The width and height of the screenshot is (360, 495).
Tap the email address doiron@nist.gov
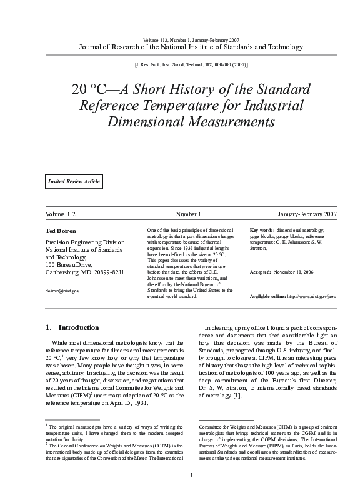click(62, 291)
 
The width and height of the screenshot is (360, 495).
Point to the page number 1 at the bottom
click(191, 476)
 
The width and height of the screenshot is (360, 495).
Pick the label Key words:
click(262, 231)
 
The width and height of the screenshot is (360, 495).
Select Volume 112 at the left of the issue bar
click(61, 214)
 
